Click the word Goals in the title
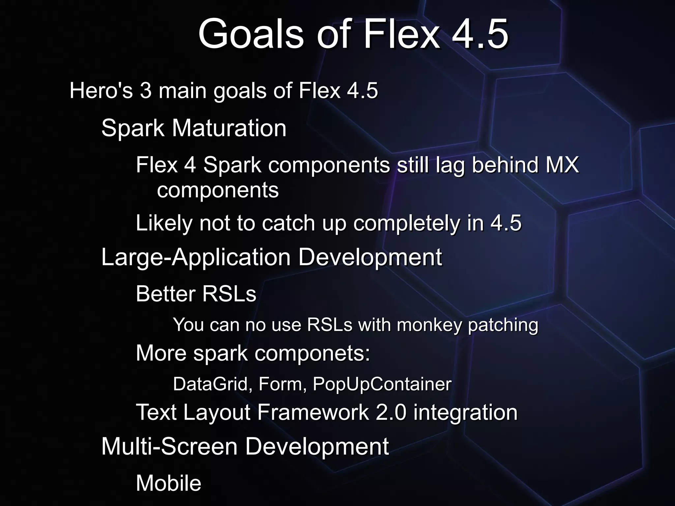(x=250, y=34)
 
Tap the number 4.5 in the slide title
(x=480, y=34)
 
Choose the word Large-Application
(x=196, y=257)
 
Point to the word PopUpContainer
(x=382, y=384)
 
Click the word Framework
(x=313, y=412)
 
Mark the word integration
(x=465, y=412)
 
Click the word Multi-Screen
(x=169, y=447)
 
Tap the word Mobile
(x=168, y=483)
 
